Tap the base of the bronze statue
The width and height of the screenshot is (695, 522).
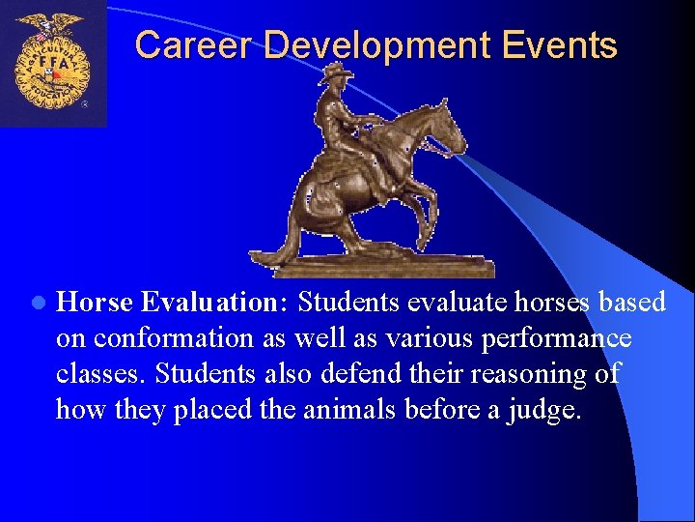tap(376, 265)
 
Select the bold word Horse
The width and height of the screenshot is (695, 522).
tap(96, 303)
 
